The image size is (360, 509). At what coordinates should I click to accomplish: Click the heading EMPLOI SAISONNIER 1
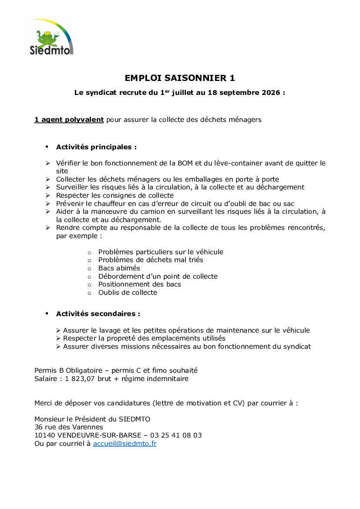180,78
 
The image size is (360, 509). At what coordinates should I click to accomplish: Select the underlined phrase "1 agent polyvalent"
69,120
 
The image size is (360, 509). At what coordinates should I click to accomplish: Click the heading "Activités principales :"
96,147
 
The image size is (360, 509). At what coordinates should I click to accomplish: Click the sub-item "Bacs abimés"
119,268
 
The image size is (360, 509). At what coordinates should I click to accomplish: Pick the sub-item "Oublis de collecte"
128,293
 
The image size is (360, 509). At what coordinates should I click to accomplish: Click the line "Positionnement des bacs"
139,284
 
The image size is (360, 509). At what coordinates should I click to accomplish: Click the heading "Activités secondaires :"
98,314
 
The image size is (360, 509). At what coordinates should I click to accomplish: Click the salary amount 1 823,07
81,379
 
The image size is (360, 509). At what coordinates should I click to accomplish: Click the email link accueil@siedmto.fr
124,444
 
